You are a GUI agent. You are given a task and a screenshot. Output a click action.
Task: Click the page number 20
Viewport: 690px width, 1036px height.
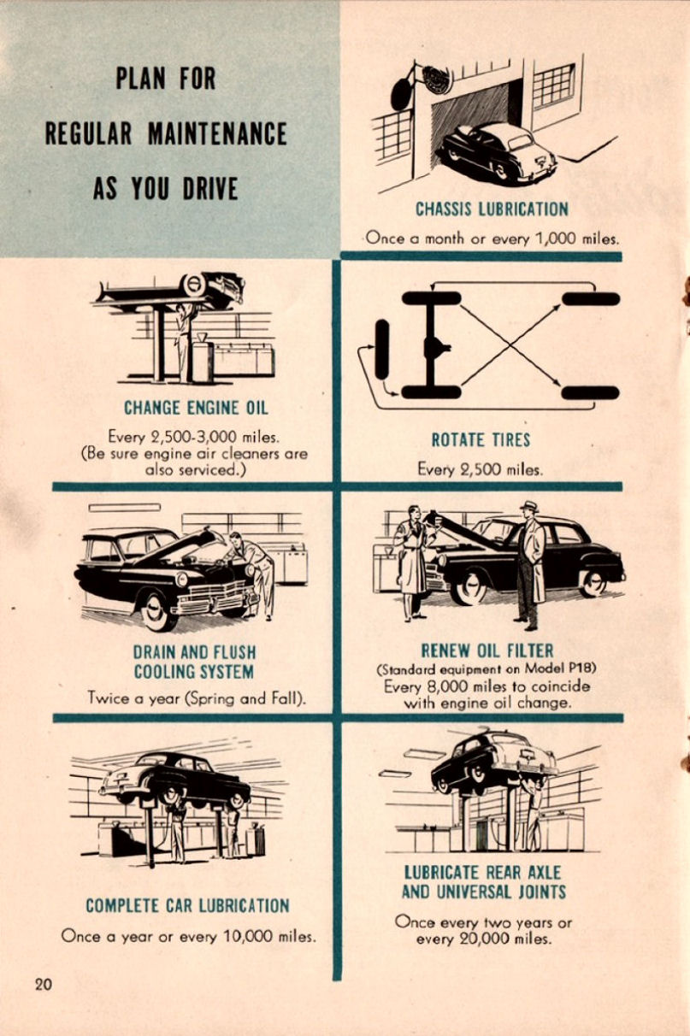(44, 984)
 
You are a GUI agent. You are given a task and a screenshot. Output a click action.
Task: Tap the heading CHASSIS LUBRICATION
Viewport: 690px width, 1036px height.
(492, 209)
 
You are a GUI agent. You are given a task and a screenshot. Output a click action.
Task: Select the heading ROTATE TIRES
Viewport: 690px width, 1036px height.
(481, 440)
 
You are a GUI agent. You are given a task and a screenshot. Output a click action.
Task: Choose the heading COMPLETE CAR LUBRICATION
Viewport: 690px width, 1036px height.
(187, 905)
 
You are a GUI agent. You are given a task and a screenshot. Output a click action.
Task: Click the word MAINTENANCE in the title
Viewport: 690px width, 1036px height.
(217, 134)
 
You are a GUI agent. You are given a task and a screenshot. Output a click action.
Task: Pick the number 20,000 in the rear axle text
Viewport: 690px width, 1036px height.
(474, 939)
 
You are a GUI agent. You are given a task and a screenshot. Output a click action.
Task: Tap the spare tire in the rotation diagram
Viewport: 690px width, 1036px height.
(381, 349)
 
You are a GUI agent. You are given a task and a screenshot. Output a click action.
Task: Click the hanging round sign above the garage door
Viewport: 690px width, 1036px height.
(436, 79)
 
